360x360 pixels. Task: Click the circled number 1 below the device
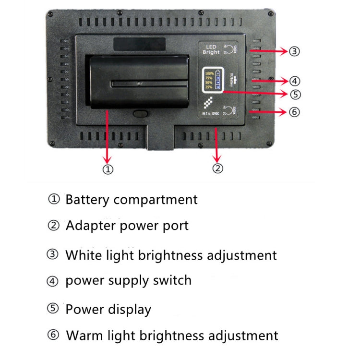(x=108, y=169)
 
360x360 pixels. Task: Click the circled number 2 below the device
(x=218, y=168)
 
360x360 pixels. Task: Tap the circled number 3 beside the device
(x=295, y=50)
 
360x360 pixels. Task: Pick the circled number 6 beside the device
(x=295, y=112)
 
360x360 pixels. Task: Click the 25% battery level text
(x=209, y=87)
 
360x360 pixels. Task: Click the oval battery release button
(x=140, y=114)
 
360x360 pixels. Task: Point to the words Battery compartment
(x=131, y=200)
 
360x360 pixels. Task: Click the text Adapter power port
(x=127, y=225)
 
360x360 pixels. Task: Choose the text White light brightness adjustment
(x=171, y=255)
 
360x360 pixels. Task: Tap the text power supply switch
(x=128, y=280)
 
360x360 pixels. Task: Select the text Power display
(x=108, y=310)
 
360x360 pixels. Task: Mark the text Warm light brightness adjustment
(x=172, y=335)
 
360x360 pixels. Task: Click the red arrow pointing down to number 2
(x=217, y=144)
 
